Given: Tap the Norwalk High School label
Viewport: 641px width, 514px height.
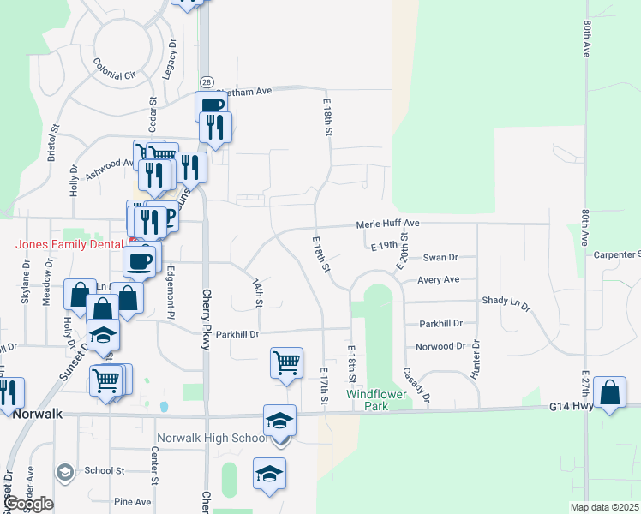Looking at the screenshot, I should point(226,439).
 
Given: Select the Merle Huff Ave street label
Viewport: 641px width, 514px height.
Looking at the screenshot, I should point(387,224).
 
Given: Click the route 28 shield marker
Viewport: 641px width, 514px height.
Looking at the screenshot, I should point(206,81).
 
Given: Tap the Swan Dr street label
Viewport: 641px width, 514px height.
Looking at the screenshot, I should point(440,257).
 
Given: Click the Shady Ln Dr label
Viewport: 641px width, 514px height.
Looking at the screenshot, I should point(506,302).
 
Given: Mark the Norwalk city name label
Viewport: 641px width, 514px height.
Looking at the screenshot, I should point(36,413).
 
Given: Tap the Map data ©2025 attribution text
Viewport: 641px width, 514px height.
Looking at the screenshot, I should point(604,507).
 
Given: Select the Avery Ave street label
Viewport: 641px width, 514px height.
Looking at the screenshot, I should point(438,279).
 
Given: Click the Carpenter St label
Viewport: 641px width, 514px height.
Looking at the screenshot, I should point(617,254).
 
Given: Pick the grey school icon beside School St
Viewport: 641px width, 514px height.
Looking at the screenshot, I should point(64,471).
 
